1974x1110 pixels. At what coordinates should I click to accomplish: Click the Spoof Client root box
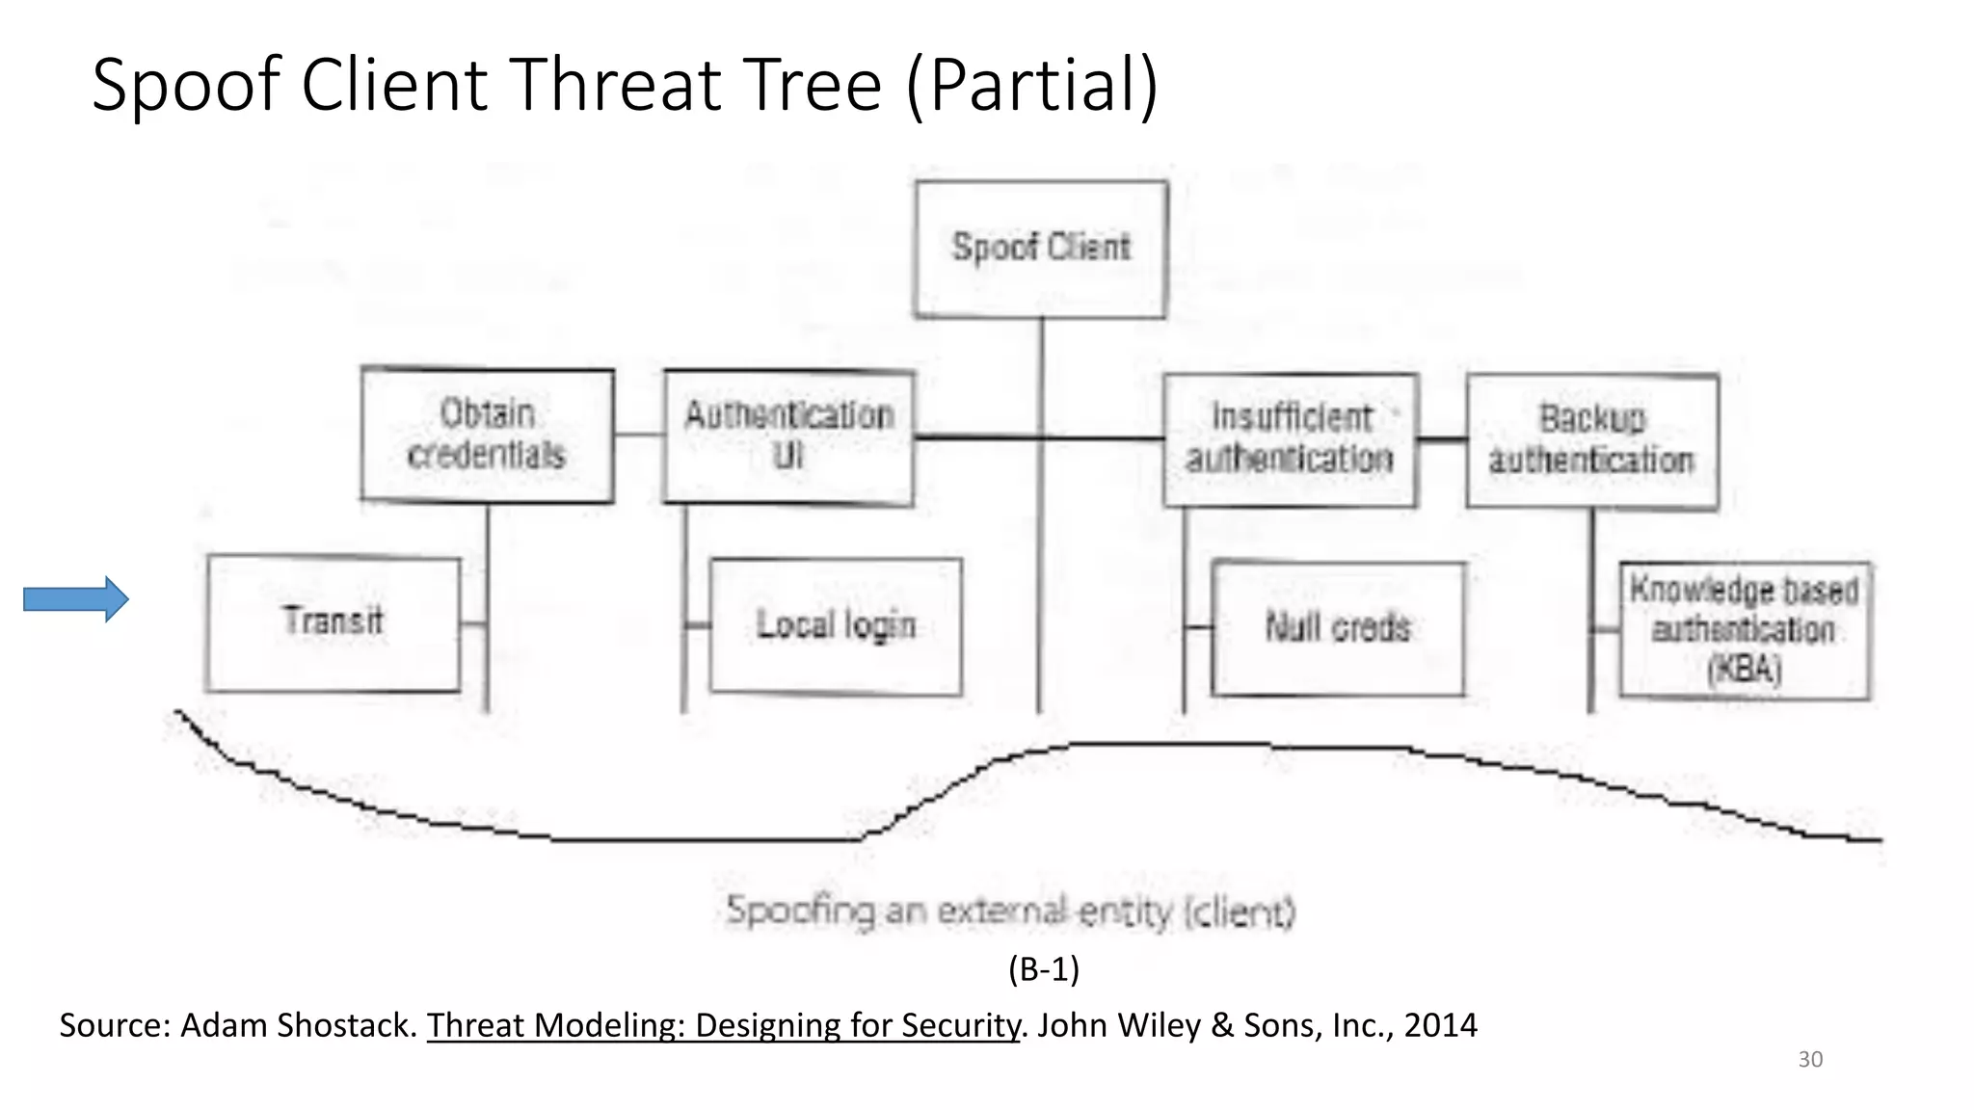(1040, 249)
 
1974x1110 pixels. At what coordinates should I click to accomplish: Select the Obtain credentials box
(487, 435)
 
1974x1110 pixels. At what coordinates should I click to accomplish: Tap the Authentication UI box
(788, 436)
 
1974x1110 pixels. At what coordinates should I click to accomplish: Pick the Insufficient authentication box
(1290, 439)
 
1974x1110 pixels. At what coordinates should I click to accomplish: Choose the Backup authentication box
(1591, 440)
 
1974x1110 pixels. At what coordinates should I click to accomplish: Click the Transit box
(333, 622)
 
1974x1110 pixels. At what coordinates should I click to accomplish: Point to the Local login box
(835, 625)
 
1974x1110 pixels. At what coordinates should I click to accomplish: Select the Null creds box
(1338, 628)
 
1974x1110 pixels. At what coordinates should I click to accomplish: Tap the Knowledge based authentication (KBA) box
(1744, 630)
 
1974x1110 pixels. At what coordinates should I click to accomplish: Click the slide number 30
(1810, 1060)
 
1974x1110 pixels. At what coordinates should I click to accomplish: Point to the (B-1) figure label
(1044, 968)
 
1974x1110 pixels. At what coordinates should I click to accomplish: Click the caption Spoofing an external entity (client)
(1010, 911)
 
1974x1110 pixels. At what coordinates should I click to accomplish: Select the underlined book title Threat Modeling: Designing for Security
(723, 1025)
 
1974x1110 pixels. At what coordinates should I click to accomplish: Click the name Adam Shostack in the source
(298, 1025)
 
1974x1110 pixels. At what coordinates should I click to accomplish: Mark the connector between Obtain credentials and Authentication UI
(639, 435)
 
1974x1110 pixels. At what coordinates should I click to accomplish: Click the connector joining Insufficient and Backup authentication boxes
(1442, 440)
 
